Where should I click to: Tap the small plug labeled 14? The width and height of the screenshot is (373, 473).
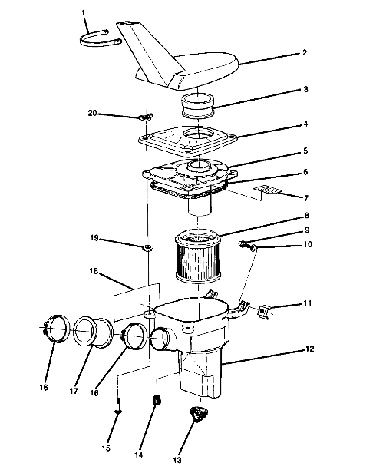(x=157, y=402)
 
